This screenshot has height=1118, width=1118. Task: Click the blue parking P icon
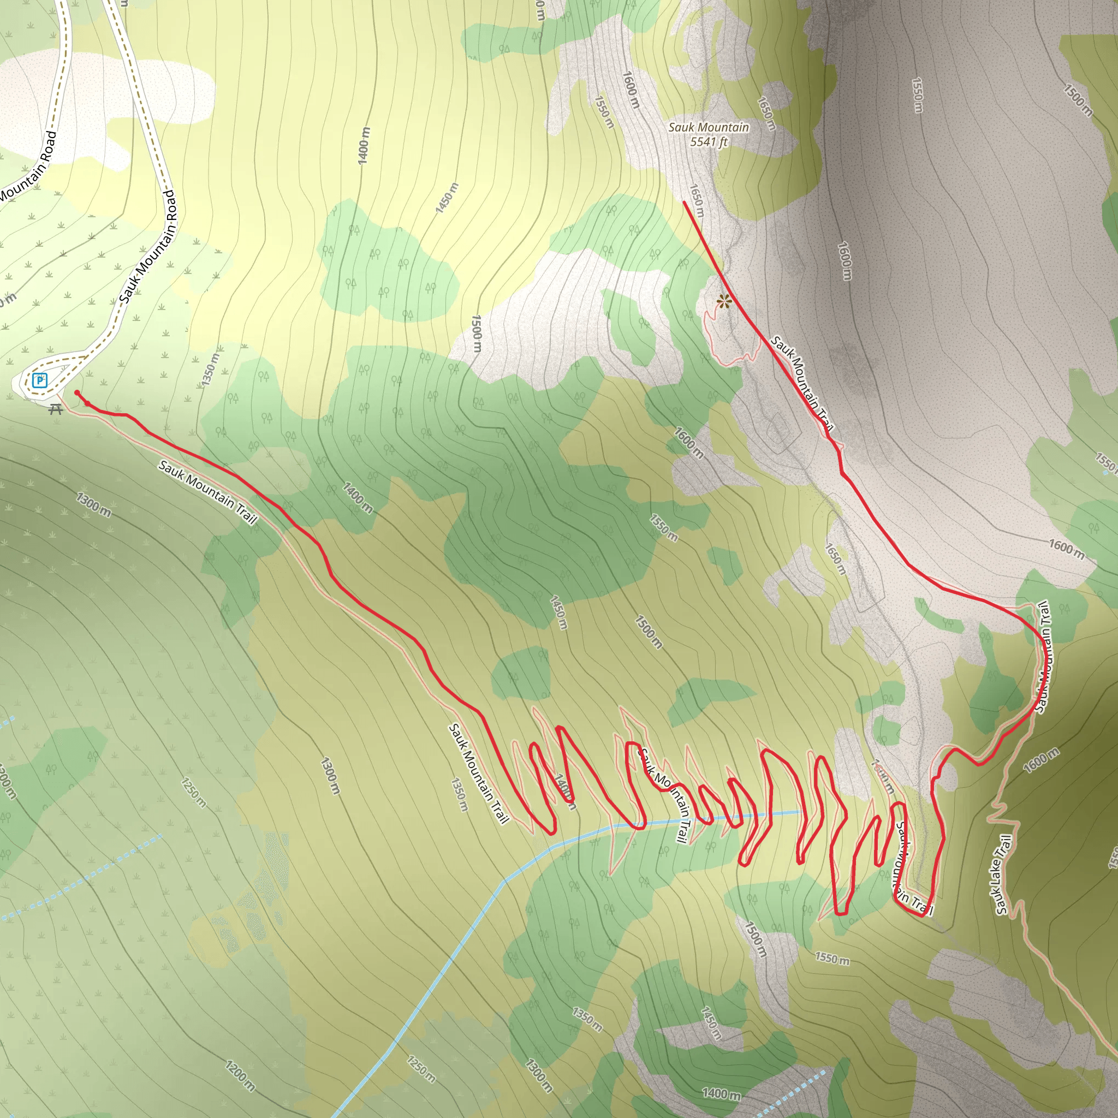coord(40,380)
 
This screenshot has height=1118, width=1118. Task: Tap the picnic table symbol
coord(56,409)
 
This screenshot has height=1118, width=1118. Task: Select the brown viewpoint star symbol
coord(723,301)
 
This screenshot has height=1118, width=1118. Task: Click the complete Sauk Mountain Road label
coord(148,247)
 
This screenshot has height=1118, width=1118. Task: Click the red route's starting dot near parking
coord(77,393)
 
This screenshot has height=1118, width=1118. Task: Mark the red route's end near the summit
coord(684,202)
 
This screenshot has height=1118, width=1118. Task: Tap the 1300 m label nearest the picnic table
coord(94,504)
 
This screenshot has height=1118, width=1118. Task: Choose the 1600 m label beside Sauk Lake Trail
coord(1042,760)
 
